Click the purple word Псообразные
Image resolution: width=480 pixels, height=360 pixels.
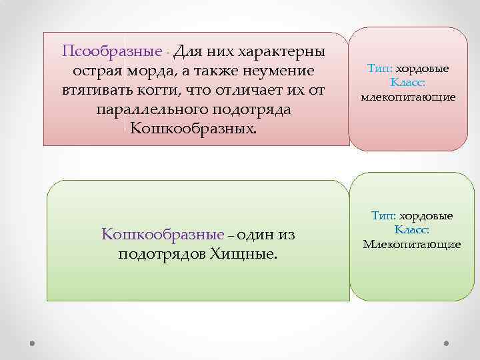(111, 51)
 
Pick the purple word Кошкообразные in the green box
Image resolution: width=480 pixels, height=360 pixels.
(163, 234)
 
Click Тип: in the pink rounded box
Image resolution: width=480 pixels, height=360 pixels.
(381, 69)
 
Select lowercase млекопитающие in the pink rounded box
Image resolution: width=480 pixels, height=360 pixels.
(408, 97)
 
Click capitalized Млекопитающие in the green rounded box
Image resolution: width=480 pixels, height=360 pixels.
(411, 244)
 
